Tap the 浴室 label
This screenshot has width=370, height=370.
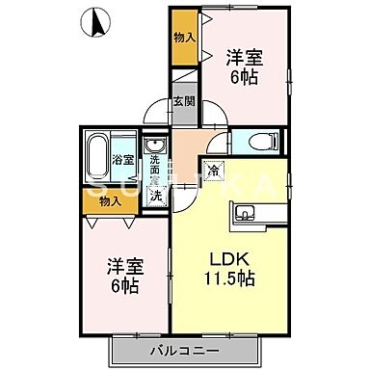coord(123,160)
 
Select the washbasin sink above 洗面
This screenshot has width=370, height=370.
coord(155,146)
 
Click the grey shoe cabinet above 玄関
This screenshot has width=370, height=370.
coord(184,83)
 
